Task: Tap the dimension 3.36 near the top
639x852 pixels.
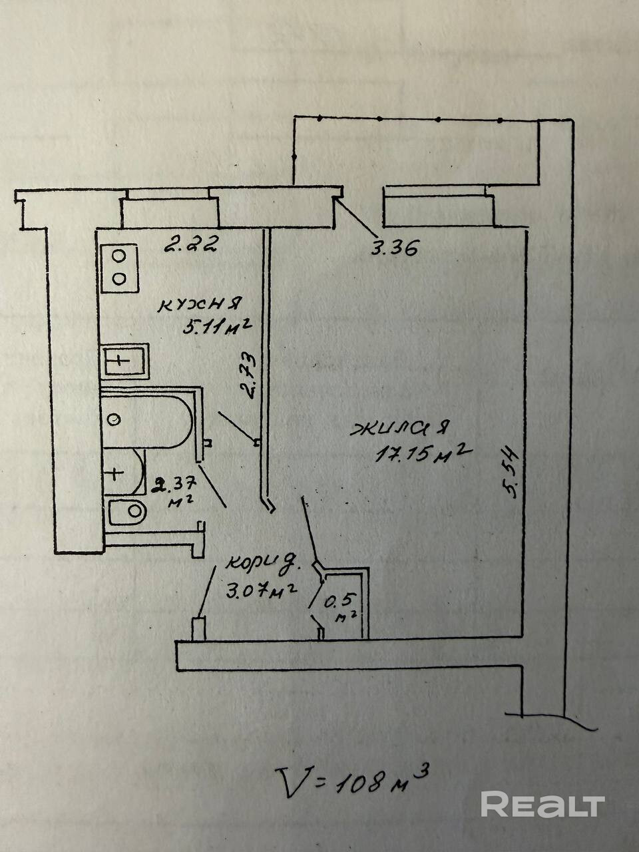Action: [394, 249]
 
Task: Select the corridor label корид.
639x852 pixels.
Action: [263, 563]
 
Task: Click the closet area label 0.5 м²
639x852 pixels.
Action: [342, 606]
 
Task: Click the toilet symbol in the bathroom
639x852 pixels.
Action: [127, 511]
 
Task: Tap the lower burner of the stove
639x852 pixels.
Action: [120, 278]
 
